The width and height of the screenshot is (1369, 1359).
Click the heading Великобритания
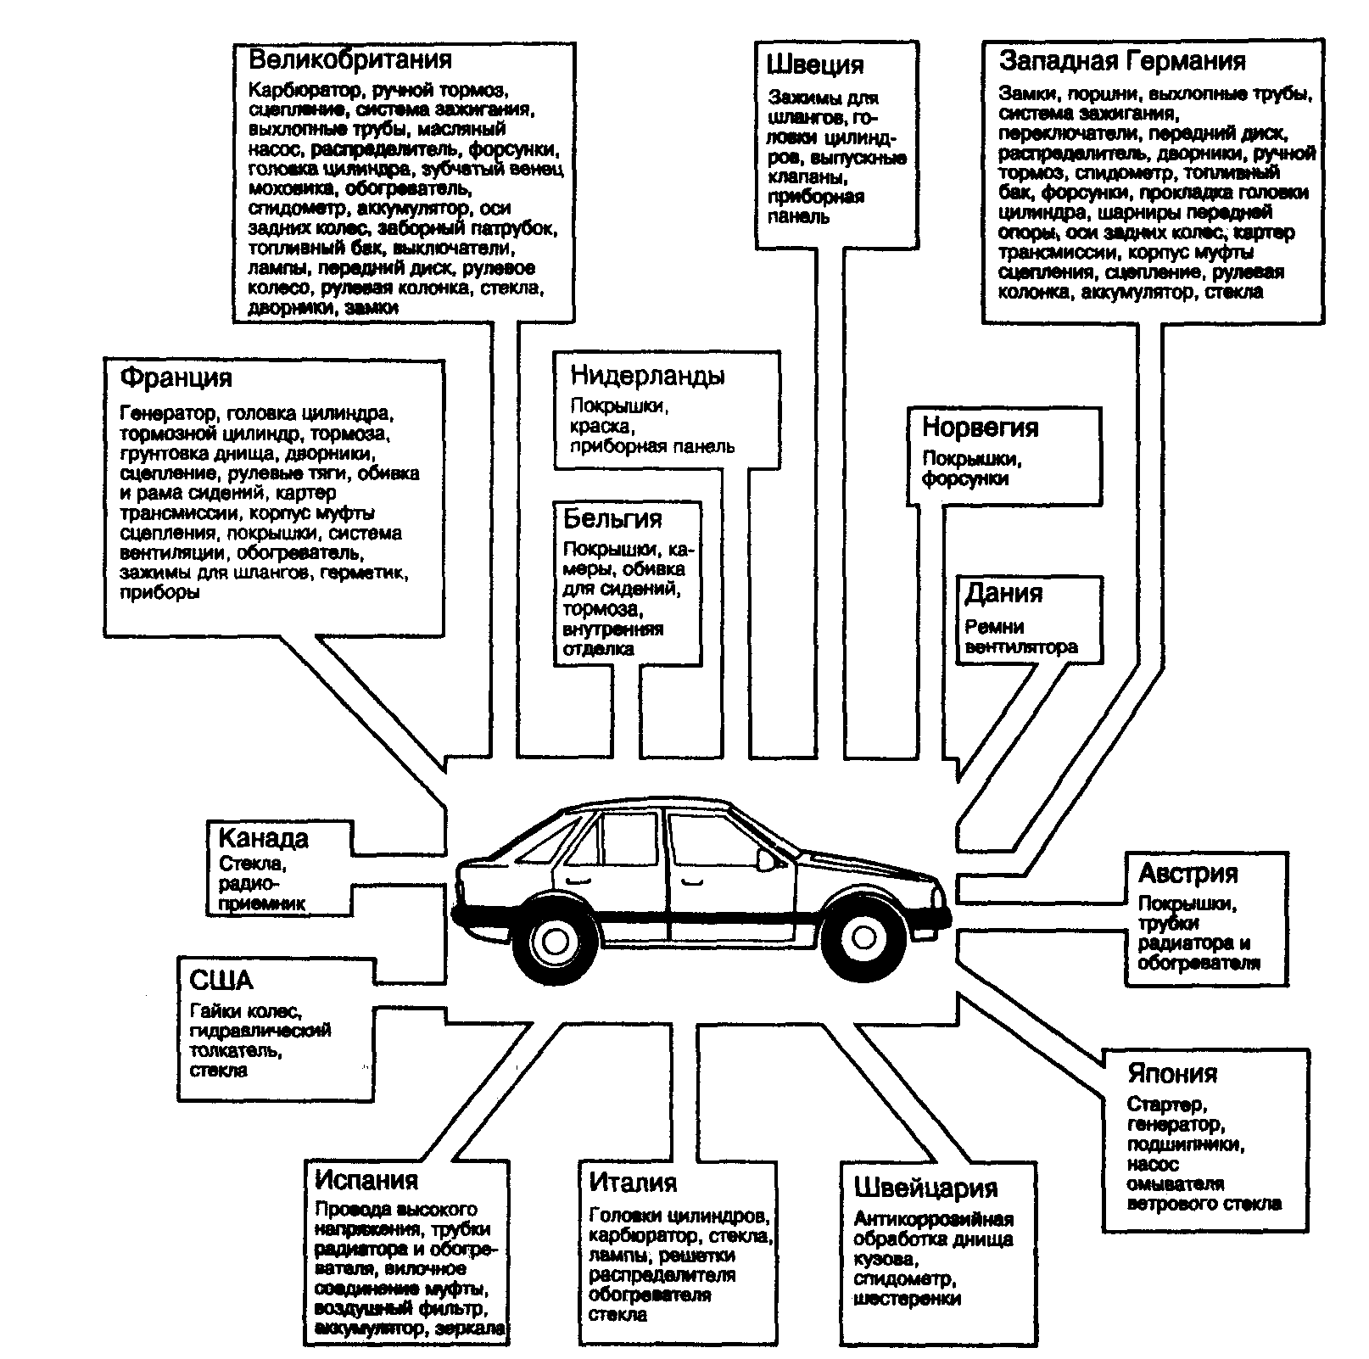click(x=349, y=60)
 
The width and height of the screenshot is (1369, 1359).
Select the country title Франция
click(x=176, y=377)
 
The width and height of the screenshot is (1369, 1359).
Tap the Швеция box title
click(x=815, y=65)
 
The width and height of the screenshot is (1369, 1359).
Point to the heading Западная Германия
click(x=1122, y=61)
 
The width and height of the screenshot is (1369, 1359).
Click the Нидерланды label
click(x=647, y=376)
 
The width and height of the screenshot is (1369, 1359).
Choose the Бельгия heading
click(x=612, y=518)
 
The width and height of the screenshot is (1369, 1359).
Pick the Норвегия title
click(x=980, y=428)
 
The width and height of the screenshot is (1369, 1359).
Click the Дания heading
click(x=1003, y=593)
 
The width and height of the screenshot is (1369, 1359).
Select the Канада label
click(x=264, y=838)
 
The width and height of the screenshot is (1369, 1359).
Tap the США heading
click(x=221, y=981)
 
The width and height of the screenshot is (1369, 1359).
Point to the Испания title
click(x=366, y=1180)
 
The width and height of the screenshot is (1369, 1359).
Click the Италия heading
click(x=633, y=1182)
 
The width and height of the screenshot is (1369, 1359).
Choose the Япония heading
click(x=1172, y=1073)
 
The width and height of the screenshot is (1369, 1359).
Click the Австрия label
click(x=1188, y=873)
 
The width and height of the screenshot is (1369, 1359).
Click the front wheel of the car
click(x=863, y=937)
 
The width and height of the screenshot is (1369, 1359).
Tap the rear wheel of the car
click(x=555, y=939)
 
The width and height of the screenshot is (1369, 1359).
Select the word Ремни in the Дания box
click(x=994, y=627)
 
